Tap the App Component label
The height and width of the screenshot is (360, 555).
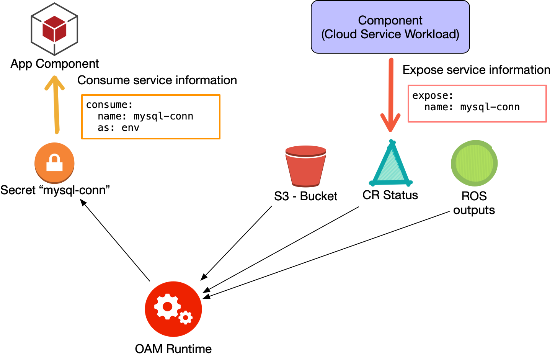tap(54, 64)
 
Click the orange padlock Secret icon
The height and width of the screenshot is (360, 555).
tap(54, 163)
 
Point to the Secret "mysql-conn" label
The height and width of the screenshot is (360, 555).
tap(55, 190)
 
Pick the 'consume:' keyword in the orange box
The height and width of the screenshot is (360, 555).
tap(109, 105)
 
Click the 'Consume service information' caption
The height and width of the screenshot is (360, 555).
tap(157, 80)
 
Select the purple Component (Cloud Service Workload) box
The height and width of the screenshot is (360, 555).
tap(390, 27)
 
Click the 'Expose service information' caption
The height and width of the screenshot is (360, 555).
tap(476, 70)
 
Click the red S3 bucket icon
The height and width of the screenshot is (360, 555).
tap(305, 166)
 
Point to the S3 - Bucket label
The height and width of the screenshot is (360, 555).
tap(305, 196)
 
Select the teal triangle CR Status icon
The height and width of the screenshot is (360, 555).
tap(391, 165)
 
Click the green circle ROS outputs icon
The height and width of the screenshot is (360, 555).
tap(474, 163)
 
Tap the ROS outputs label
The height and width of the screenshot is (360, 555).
tap(474, 203)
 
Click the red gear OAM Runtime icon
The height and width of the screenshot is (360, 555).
tap(173, 309)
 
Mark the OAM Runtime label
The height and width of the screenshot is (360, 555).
tap(173, 349)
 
